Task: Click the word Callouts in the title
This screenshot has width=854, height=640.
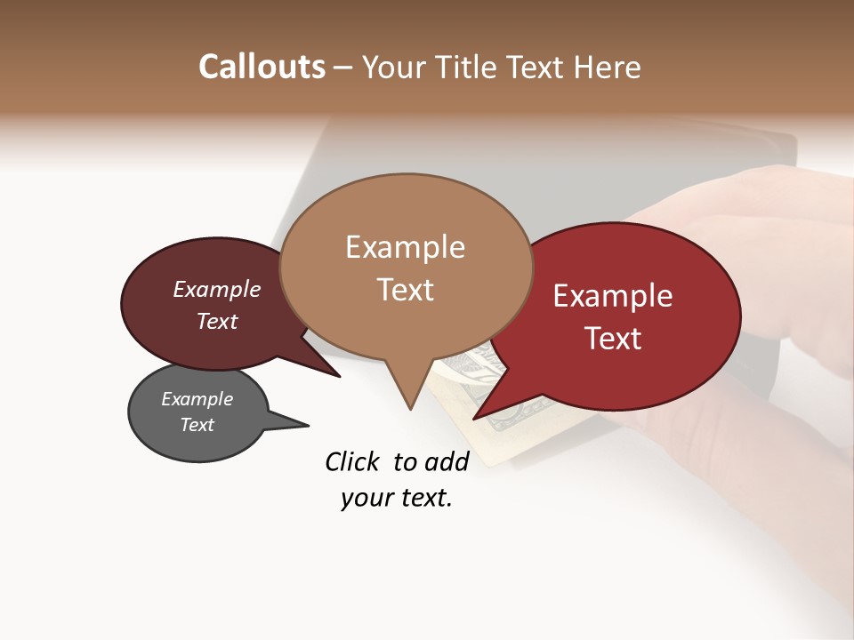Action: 262,67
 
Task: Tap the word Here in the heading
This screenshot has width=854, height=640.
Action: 606,67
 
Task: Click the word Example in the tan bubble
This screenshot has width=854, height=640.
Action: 405,247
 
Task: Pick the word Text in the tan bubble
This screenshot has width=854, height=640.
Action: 405,290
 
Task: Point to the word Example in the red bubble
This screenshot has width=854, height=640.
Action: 613,296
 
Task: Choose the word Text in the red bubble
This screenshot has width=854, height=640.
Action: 613,339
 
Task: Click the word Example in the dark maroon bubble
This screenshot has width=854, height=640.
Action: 217,289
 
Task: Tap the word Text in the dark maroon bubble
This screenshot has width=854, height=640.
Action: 217,321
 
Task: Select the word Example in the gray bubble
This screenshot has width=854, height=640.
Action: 197,399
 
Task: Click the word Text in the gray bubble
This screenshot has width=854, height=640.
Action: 197,425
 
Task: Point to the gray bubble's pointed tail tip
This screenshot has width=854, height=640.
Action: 308,425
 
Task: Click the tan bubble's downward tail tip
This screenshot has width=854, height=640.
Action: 410,409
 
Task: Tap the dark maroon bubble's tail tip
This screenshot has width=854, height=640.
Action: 339,376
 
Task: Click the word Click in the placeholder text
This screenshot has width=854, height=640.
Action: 352,460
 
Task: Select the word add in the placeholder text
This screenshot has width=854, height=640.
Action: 447,460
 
